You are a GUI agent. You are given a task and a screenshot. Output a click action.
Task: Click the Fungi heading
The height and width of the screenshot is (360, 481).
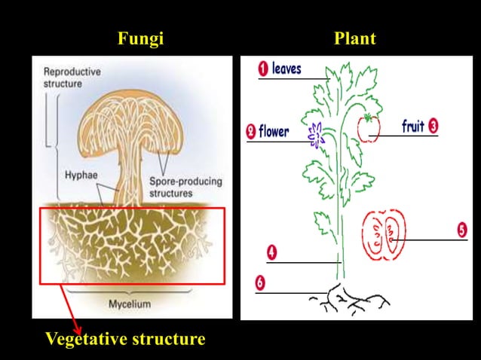[x=141, y=39]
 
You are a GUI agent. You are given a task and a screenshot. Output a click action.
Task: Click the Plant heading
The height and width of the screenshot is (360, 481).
[x=355, y=39]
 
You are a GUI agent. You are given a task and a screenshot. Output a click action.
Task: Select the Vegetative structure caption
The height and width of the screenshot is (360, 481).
[x=125, y=339]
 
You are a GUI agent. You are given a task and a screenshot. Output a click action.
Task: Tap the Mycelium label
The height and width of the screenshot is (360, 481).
[x=128, y=304]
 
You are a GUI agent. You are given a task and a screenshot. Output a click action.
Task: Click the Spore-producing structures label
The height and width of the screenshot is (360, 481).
[x=181, y=187]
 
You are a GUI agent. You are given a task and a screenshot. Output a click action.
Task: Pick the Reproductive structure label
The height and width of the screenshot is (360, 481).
[x=72, y=78]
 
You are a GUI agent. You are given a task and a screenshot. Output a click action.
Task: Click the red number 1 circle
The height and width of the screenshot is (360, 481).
[x=263, y=69]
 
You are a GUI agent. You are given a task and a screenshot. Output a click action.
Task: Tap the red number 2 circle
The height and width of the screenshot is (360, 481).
[x=251, y=132]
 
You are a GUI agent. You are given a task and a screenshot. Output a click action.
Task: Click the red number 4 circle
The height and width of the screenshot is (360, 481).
[x=271, y=252]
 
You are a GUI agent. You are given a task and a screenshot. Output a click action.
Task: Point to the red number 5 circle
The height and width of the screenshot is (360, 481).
[x=461, y=229]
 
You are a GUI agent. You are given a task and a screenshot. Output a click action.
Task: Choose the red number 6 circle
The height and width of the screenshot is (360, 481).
[x=260, y=282]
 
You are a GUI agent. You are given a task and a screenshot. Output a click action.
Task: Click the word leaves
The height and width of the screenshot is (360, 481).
[x=286, y=69]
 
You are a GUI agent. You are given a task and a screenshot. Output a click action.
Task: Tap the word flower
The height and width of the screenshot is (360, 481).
[x=274, y=132]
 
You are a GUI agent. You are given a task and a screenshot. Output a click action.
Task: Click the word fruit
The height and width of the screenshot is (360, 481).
[x=412, y=127]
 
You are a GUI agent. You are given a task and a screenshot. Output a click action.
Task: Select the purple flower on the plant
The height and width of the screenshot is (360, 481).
[x=314, y=133]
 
